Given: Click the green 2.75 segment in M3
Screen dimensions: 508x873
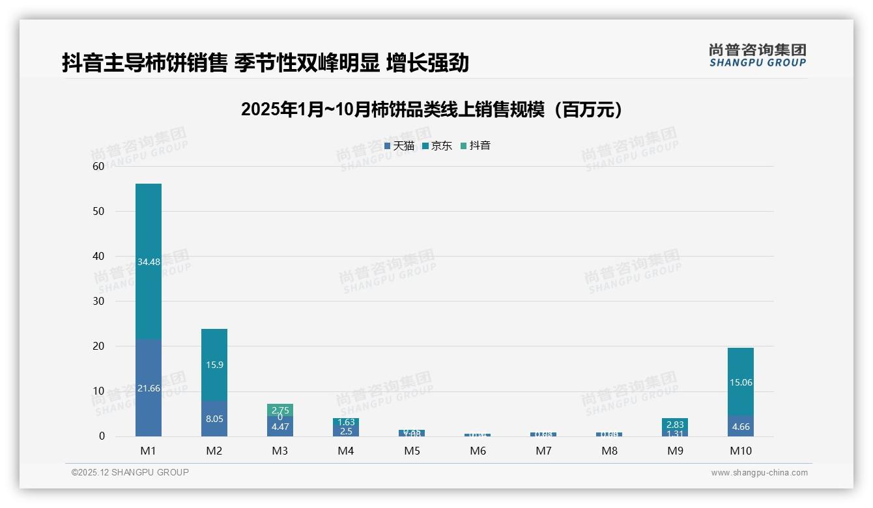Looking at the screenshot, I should tap(280, 410).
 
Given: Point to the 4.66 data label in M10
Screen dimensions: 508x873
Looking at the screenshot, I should tap(741, 427).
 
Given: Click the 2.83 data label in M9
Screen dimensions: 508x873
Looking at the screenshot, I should tap(675, 425).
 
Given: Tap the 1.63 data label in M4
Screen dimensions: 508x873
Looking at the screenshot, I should tap(346, 422).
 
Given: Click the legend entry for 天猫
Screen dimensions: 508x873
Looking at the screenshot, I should tap(399, 146).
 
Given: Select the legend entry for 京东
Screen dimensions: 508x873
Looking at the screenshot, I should tap(437, 146).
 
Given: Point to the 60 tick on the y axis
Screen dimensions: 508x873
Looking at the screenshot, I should tap(98, 166).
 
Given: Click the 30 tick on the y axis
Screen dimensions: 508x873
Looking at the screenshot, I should tap(98, 301).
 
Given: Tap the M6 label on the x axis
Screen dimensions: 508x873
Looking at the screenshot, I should tap(478, 451).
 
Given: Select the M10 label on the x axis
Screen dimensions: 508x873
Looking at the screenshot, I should tap(741, 451).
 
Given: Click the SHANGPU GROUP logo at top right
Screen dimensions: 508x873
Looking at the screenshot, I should tap(758, 55).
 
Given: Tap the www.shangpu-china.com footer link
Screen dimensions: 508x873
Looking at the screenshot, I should tap(759, 473).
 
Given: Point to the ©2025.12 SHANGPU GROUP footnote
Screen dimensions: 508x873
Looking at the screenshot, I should tap(130, 472).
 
